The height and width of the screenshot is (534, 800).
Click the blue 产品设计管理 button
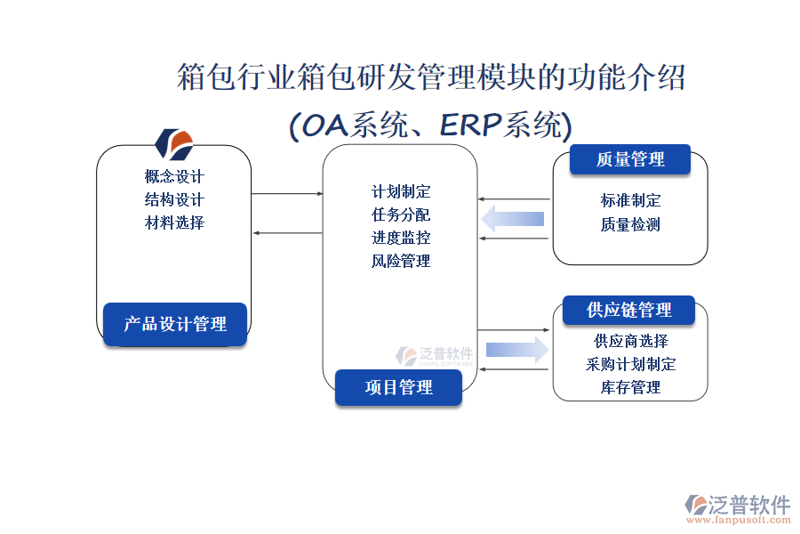click(x=174, y=324)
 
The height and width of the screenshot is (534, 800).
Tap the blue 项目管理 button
click(x=398, y=387)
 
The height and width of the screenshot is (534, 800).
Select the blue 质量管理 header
click(x=630, y=159)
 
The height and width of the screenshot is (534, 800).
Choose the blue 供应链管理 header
click(x=628, y=310)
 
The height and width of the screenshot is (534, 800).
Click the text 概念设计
click(x=174, y=176)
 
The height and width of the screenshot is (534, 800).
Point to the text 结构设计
click(x=174, y=199)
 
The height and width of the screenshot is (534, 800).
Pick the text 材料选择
click(x=174, y=222)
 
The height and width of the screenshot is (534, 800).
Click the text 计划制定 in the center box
click(x=401, y=191)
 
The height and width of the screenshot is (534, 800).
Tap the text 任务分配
click(x=401, y=214)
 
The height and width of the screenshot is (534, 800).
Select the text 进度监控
click(x=401, y=238)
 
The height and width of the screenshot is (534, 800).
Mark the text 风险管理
click(x=401, y=261)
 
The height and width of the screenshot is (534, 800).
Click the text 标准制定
click(x=630, y=201)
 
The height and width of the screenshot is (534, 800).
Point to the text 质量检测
click(x=630, y=224)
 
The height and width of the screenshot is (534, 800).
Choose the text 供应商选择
click(x=631, y=341)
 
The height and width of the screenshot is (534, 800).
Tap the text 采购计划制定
click(x=631, y=364)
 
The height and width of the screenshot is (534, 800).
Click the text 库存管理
click(x=631, y=387)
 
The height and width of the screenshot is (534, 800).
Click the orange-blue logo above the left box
click(x=174, y=142)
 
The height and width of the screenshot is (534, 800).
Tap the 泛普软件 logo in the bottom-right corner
click(x=737, y=507)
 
